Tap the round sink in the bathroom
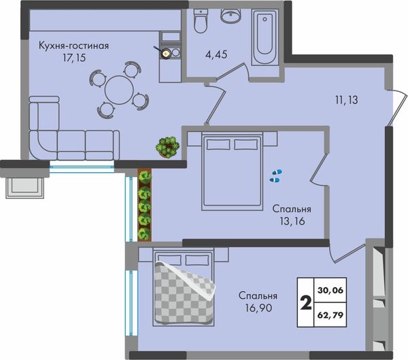[x=231, y=16]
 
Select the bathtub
[x=264, y=37]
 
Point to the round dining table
[x=119, y=90]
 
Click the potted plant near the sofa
[x=167, y=147]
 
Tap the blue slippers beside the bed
[x=276, y=176]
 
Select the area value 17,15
[x=74, y=58]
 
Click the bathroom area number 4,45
[x=216, y=54]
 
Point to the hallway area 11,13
[x=346, y=100]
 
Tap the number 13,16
[x=292, y=221]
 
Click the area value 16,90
[x=258, y=308]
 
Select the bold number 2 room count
[x=306, y=304]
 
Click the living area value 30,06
[x=330, y=290]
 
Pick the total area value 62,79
[x=330, y=315]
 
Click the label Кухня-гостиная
[x=73, y=46]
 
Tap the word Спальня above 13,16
[x=292, y=209]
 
